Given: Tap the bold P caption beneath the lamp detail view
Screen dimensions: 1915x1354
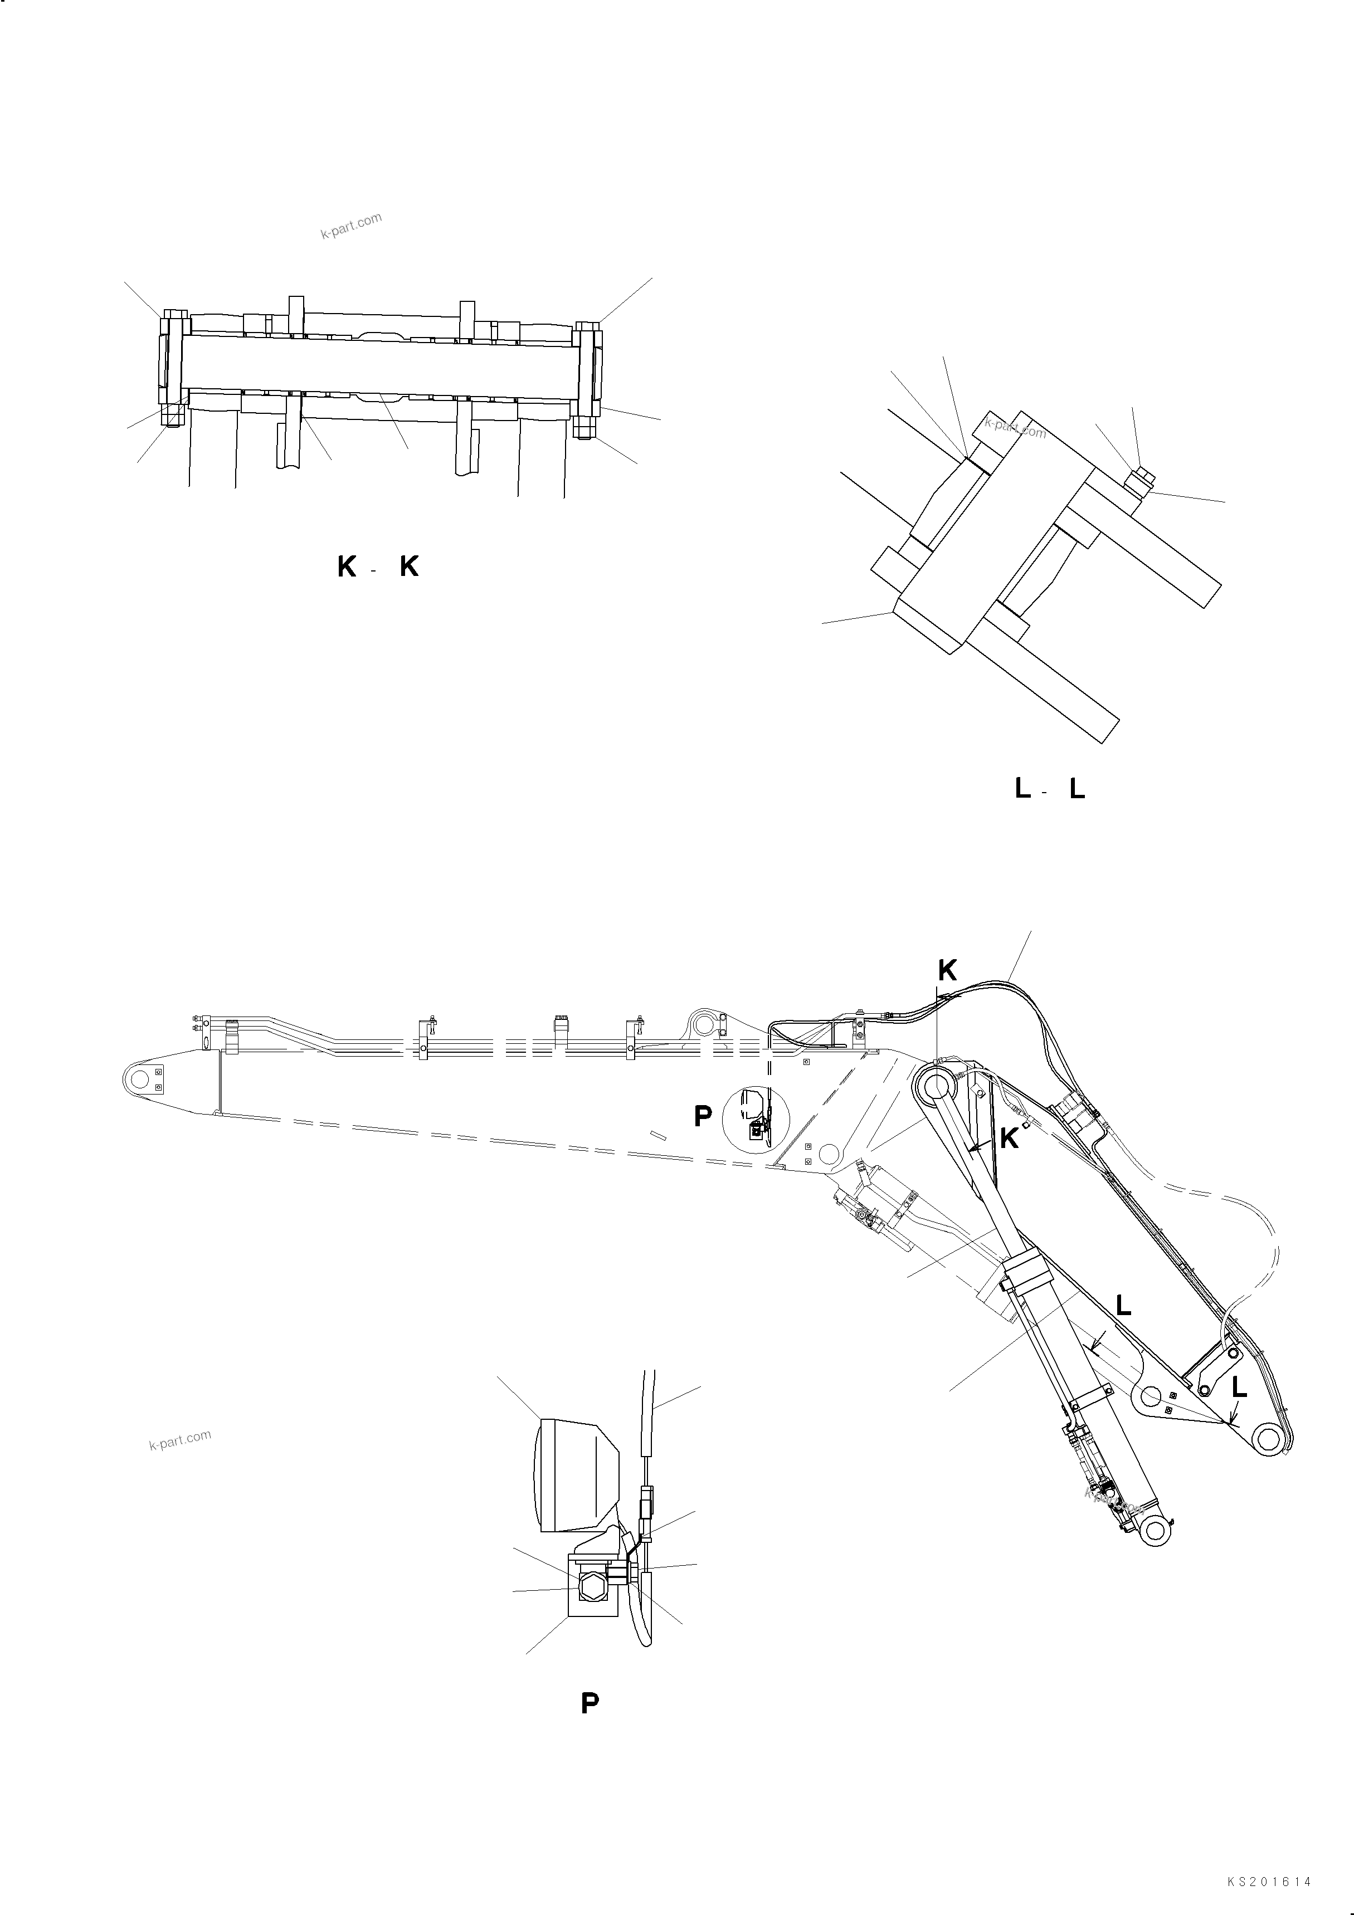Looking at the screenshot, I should point(590,1703).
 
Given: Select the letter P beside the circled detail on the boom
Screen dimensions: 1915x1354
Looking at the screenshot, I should point(703,1117).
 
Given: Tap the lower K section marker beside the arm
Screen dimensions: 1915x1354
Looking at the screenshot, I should point(1009,1139).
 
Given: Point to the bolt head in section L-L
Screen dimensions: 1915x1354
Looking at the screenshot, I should point(1139,480).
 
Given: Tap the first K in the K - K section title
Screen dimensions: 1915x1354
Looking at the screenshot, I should point(346,567).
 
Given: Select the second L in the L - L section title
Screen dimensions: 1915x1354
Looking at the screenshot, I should point(1077,789).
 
